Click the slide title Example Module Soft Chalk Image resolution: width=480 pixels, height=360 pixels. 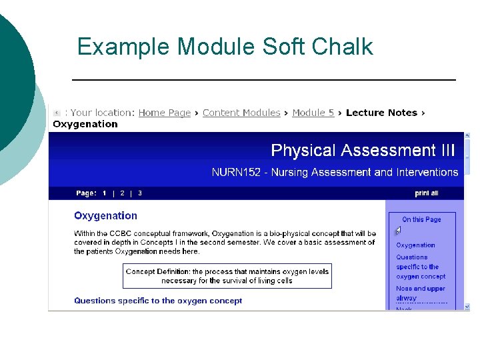(225, 47)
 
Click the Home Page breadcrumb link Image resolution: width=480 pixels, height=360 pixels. (164, 113)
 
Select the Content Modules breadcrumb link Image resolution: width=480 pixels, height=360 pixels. (241, 113)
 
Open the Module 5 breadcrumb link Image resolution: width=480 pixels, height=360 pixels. (313, 113)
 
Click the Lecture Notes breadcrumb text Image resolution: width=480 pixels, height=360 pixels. (381, 113)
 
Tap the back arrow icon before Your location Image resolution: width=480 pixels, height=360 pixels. (57, 113)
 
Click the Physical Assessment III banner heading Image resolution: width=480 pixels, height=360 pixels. (363, 150)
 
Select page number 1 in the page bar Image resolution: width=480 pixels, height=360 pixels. (105, 193)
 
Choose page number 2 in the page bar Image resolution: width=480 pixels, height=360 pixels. (122, 193)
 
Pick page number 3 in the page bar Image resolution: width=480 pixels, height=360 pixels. (140, 193)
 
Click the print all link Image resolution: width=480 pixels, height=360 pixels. (427, 193)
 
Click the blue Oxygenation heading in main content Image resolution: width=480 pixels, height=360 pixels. (105, 215)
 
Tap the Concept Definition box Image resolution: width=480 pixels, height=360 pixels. (227, 276)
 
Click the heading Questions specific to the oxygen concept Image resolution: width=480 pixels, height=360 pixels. (158, 301)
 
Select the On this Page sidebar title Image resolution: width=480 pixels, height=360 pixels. (421, 219)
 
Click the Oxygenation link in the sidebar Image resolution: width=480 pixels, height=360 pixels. (415, 245)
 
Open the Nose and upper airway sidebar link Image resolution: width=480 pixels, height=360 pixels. (420, 293)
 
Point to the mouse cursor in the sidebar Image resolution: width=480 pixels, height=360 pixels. (398, 231)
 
